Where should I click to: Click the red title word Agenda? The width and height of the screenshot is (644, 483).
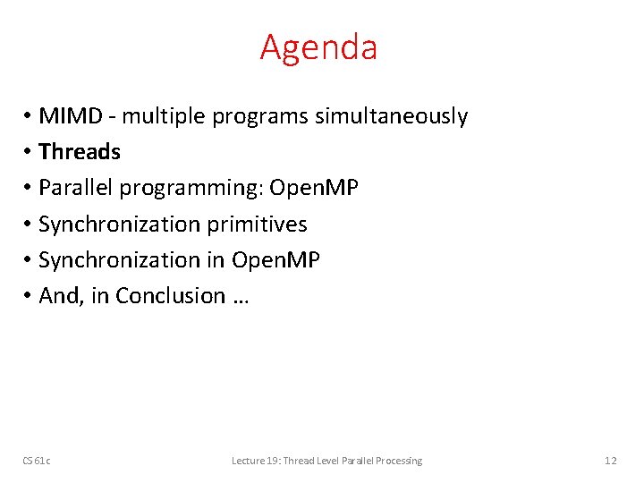click(x=318, y=47)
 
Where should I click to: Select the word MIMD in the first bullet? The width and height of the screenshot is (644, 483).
click(x=77, y=116)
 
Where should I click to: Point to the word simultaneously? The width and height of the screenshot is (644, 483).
click(x=391, y=116)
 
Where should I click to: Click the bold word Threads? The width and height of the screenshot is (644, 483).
click(x=80, y=152)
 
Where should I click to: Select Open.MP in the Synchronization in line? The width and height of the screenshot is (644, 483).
click(x=275, y=259)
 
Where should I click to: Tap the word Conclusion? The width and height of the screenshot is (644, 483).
click(x=171, y=295)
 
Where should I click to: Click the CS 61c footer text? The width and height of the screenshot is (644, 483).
click(x=37, y=461)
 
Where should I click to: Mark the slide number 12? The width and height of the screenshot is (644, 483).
click(x=610, y=461)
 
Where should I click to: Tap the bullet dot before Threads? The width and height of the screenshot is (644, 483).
click(x=29, y=153)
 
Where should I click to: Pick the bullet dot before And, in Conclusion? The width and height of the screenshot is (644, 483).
click(x=29, y=296)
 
